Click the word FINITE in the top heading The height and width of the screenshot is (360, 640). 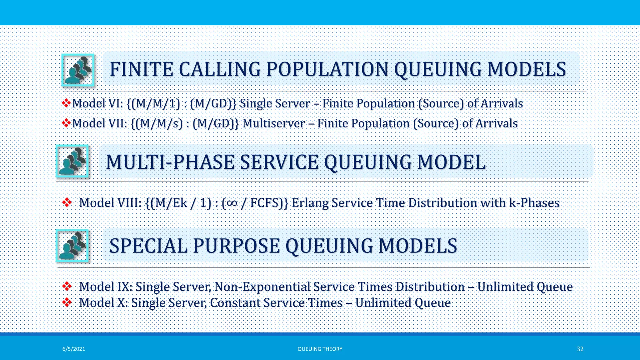click(x=141, y=69)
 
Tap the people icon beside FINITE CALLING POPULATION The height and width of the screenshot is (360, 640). click(x=78, y=70)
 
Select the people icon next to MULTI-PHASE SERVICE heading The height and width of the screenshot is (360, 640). click(x=72, y=161)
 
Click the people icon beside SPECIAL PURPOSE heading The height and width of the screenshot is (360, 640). click(x=72, y=246)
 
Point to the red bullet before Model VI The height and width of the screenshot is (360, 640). click(x=66, y=103)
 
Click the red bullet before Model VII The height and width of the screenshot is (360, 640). click(x=66, y=123)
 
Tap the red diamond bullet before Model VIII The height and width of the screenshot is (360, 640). click(x=67, y=202)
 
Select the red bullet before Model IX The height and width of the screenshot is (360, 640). click(x=67, y=286)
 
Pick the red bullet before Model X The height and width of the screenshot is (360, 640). click(x=67, y=302)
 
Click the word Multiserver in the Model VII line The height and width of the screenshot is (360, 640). click(x=273, y=123)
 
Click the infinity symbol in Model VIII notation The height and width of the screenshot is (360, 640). click(x=232, y=203)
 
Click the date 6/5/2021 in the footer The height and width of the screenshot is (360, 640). click(x=74, y=349)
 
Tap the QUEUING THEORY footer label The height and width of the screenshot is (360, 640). click(x=320, y=349)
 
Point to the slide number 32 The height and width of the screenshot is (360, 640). click(x=580, y=349)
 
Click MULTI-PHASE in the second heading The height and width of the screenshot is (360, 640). click(x=170, y=162)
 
